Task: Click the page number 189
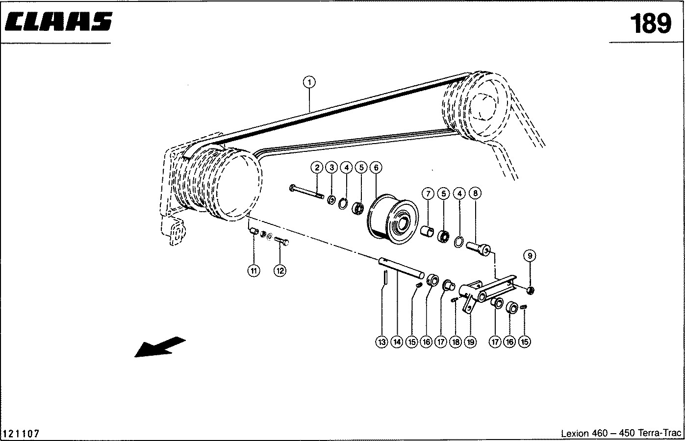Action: click(x=650, y=23)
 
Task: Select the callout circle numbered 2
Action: click(x=317, y=168)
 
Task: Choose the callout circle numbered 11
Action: click(x=254, y=270)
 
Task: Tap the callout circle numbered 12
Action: click(x=279, y=270)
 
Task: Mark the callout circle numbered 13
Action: click(x=382, y=342)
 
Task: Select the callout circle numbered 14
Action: click(x=397, y=342)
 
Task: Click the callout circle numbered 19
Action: click(x=470, y=342)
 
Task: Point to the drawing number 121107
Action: click(x=21, y=434)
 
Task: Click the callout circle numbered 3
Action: click(x=331, y=168)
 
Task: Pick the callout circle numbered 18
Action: click(x=456, y=342)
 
